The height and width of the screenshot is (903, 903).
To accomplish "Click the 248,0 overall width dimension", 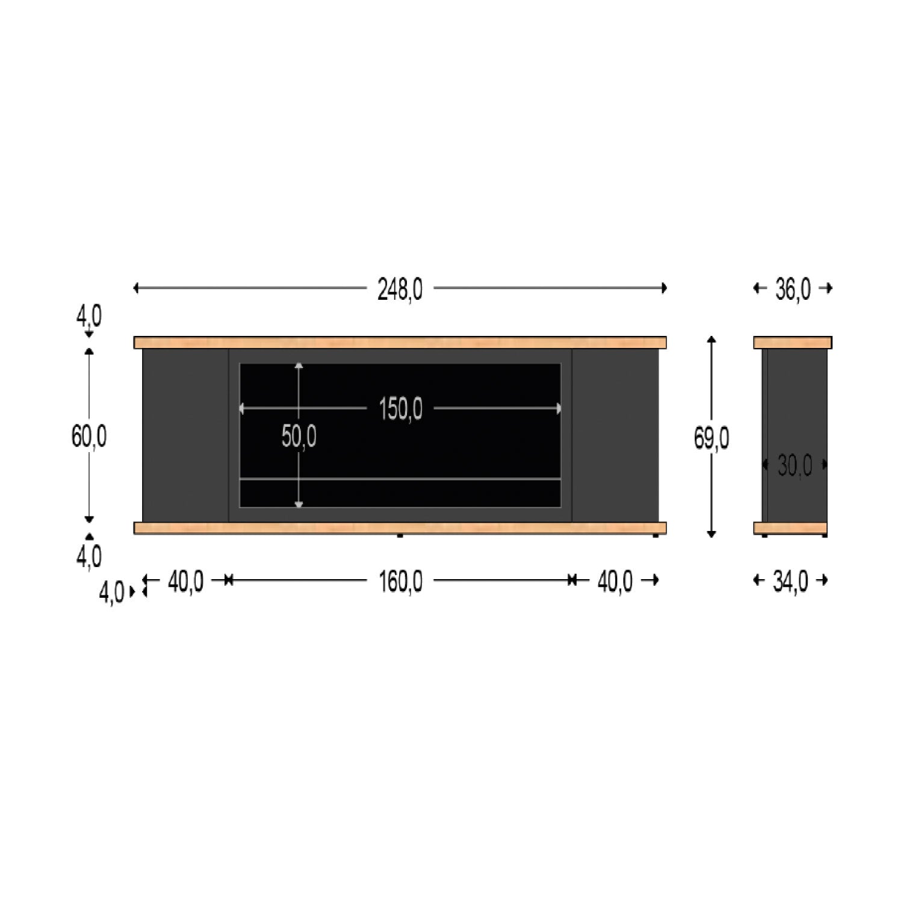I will click(x=400, y=290).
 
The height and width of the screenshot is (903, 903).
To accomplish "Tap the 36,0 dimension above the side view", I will click(x=792, y=290).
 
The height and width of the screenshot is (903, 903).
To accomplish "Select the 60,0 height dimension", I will click(x=89, y=436).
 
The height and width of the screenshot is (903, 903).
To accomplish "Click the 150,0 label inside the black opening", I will click(x=400, y=409).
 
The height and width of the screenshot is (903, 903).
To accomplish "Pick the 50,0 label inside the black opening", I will click(x=299, y=436).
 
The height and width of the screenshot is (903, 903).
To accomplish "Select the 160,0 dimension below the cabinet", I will click(x=400, y=582).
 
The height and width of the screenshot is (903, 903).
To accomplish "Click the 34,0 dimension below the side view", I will click(x=790, y=582).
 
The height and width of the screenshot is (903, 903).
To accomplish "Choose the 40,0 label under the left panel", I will click(x=185, y=582).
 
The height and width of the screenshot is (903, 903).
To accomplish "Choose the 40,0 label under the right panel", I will click(x=615, y=582).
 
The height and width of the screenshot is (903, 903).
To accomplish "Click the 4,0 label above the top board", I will click(x=88, y=315).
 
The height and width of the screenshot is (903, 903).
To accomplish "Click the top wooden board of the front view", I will click(x=400, y=343).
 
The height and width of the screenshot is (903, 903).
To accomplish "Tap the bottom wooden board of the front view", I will click(x=400, y=528).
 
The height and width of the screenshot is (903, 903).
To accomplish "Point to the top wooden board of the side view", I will click(x=792, y=343).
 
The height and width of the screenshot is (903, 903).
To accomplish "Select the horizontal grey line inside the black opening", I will click(x=400, y=479).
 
